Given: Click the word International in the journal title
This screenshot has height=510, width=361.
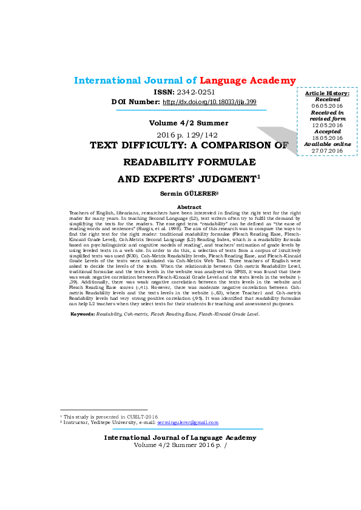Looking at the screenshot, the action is (x=107, y=81).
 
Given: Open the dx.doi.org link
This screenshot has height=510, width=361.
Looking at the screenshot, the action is (x=210, y=102).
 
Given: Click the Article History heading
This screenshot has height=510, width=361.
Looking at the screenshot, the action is (x=327, y=93).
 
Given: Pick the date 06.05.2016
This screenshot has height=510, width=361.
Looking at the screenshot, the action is (x=327, y=106).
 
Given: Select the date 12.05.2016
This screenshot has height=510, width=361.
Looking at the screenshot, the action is (x=327, y=125).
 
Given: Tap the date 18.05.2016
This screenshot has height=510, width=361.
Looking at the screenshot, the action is (x=327, y=138).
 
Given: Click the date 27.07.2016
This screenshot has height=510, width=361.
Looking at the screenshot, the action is (x=327, y=151).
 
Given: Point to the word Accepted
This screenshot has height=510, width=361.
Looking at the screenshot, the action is (x=327, y=131).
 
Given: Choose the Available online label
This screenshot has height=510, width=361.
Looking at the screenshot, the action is (x=327, y=144).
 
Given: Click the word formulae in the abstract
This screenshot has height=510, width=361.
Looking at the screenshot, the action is (x=103, y=272).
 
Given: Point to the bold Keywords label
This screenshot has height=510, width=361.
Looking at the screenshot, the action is (x=84, y=314).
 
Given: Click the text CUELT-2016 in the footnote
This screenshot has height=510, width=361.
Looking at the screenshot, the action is (x=145, y=417).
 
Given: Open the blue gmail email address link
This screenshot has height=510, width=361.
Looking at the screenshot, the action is (x=187, y=422).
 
